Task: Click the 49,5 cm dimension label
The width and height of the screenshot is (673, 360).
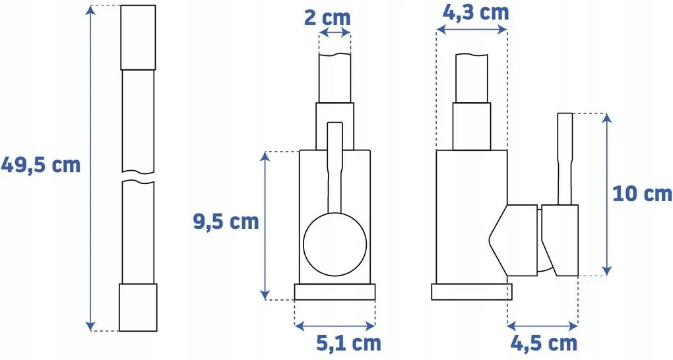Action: coord(41,165)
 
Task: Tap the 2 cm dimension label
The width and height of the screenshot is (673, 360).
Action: coord(327,17)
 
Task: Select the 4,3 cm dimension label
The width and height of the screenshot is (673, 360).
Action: coord(476,13)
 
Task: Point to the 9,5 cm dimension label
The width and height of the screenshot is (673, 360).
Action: coord(226,222)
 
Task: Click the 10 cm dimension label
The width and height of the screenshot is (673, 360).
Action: coord(642,194)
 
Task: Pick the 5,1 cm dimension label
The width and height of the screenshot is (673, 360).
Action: coord(348,344)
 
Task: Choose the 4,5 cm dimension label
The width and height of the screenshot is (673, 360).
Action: coord(544,344)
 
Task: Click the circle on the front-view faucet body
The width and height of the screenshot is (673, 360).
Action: coord(335,244)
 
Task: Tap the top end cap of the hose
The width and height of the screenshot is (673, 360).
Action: coord(138,38)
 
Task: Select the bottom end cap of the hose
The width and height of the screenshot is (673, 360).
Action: coord(138,307)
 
